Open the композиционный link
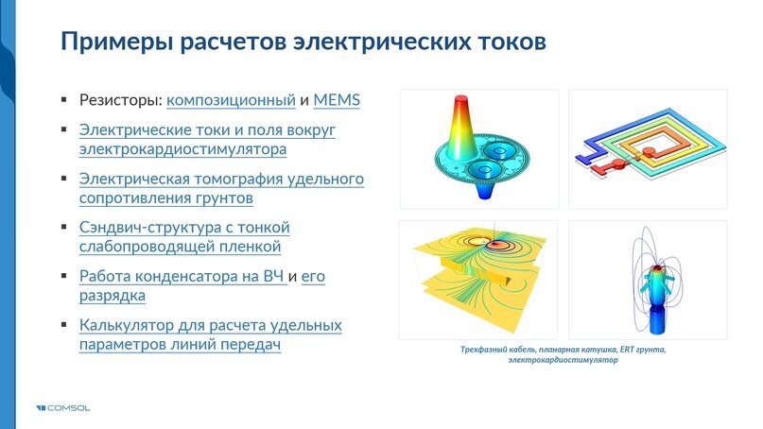coord(237,100)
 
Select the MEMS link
coord(338,100)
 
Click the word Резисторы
coord(121,100)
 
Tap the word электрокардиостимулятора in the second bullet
coord(183,149)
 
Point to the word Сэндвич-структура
coord(159,228)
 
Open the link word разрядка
coord(113,296)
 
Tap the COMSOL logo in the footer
coord(64,408)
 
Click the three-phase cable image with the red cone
coord(479,148)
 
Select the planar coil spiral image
coord(648,148)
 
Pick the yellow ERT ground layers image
coord(479,279)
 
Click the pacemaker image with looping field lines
coord(648,279)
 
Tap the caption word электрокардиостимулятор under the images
coord(563,361)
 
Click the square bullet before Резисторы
coord(64,99)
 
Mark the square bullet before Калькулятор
coord(64,326)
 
